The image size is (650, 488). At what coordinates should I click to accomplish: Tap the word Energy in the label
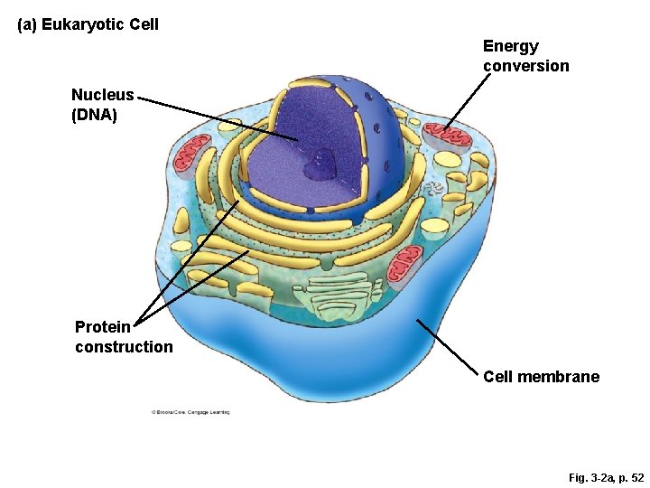[x=510, y=46]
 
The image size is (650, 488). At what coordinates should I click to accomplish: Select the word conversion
[x=525, y=66]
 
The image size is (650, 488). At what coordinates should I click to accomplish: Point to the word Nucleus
[x=102, y=95]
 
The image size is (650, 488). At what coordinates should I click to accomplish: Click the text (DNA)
[x=94, y=115]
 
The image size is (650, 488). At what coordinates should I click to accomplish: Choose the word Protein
[x=102, y=327]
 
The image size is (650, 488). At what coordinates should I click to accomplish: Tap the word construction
[x=124, y=347]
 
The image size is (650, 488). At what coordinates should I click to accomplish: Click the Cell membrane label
[x=541, y=377]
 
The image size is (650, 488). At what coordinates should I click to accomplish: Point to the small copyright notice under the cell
[x=190, y=412]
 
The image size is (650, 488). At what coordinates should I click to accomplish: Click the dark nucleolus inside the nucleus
[x=320, y=166]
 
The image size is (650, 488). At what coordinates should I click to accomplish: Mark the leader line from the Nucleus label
[x=217, y=117]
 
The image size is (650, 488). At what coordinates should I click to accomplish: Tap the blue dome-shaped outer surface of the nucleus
[x=379, y=145]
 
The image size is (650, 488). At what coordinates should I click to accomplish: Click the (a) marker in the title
[x=27, y=24]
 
